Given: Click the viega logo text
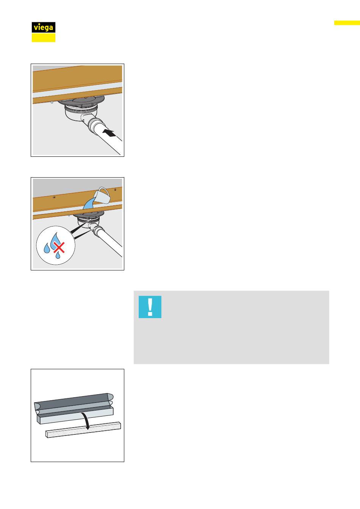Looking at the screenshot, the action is pos(43,28).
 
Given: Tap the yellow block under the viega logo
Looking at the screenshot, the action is pos(44,37).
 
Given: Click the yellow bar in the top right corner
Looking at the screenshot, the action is pos(347,23).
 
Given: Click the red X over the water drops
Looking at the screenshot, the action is pos(59,247).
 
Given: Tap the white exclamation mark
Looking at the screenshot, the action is pos(150,307).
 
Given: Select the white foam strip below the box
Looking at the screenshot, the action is pos(83,430).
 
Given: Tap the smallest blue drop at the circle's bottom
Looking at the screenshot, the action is pos(58,255).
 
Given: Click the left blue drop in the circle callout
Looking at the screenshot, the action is pos(47,248).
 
